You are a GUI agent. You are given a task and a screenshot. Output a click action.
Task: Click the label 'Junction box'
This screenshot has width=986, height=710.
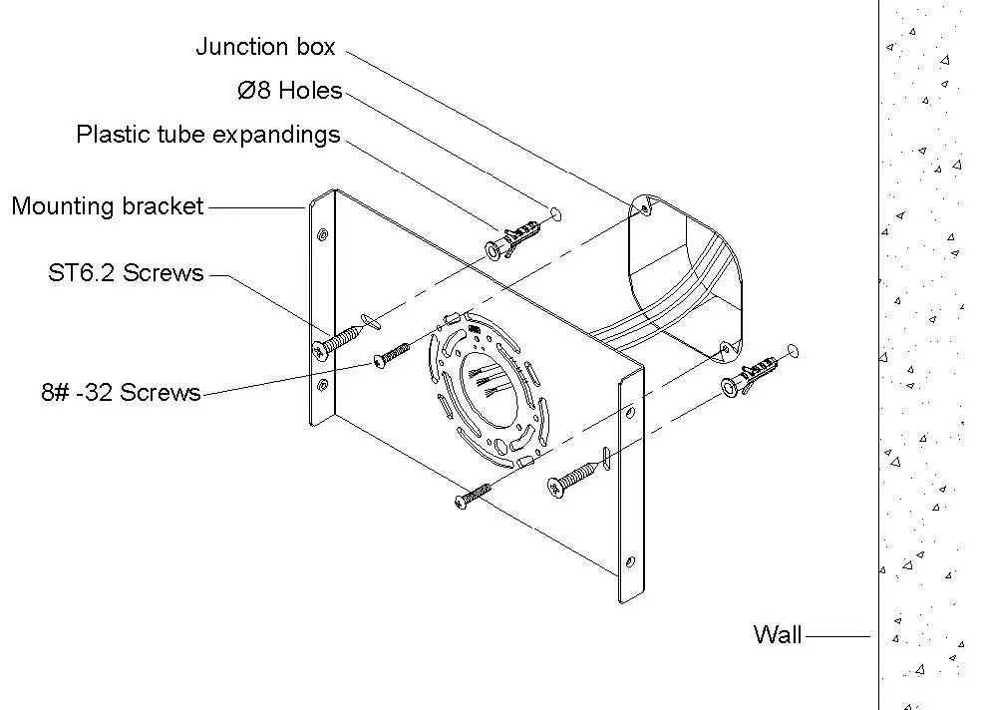point(265,47)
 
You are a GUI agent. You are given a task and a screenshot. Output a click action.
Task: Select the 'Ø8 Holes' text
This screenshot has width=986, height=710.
point(289,91)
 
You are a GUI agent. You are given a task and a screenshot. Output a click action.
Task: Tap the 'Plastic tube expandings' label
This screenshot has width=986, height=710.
point(208,135)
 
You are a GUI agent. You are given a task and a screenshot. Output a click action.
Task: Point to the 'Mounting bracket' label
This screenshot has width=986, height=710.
point(108,206)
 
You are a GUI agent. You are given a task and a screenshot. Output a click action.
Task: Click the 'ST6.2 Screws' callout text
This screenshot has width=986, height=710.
point(126,272)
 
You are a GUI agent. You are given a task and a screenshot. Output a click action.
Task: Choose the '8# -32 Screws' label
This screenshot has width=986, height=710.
point(121,392)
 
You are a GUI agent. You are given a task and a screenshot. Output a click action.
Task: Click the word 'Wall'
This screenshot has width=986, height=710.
point(777,634)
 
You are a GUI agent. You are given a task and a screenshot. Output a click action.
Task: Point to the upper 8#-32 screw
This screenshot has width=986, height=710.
point(392,355)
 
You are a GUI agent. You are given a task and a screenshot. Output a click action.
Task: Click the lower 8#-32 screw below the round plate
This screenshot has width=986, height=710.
point(473,495)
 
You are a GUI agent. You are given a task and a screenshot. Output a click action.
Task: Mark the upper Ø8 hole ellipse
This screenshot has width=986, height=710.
point(555,213)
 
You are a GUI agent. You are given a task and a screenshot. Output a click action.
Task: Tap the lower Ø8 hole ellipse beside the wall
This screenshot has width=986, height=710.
point(793,349)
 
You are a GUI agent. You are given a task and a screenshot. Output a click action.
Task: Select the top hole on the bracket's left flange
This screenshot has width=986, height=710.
point(321,235)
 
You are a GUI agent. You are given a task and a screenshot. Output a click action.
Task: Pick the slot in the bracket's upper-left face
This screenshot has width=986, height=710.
point(369,319)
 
